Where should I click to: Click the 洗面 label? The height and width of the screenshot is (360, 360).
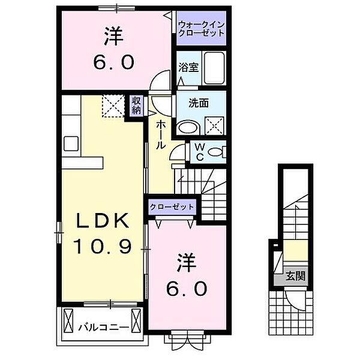click(200, 103)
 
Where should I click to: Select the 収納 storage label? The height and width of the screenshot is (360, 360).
click(137, 106)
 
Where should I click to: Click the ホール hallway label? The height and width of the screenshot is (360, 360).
click(161, 136)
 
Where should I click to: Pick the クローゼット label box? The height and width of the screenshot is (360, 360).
click(173, 206)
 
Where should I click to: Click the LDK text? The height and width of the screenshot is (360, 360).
click(101, 221)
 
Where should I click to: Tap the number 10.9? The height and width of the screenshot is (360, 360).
click(101, 245)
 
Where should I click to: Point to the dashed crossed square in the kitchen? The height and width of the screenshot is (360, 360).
click(112, 107)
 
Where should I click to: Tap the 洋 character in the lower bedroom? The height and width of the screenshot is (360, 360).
click(187, 262)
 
